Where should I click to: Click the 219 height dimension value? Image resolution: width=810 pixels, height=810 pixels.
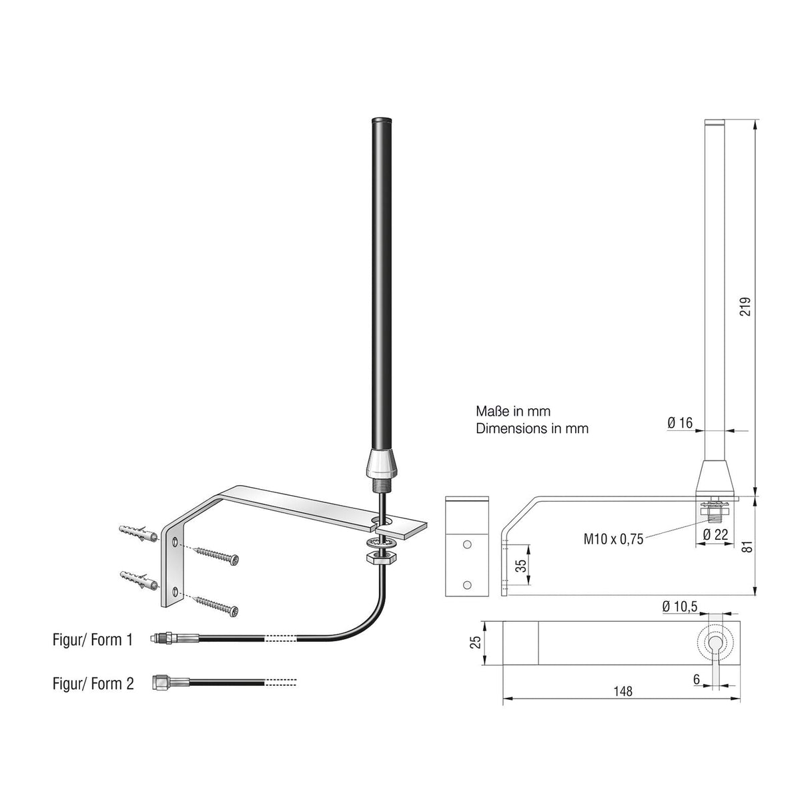tap(746, 306)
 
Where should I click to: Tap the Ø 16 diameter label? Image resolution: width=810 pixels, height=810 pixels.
tap(680, 422)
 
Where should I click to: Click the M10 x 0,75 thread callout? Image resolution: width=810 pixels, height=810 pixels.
tap(613, 539)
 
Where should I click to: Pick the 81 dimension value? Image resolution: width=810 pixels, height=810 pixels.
tap(747, 545)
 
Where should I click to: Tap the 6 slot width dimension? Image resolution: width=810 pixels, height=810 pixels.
tap(696, 679)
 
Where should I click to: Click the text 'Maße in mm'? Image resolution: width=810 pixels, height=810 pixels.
tap(512, 412)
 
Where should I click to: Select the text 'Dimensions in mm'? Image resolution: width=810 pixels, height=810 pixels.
tap(532, 428)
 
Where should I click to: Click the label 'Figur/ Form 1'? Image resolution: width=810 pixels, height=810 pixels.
tap(93, 640)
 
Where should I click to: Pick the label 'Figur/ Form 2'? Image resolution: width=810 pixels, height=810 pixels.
tap(93, 683)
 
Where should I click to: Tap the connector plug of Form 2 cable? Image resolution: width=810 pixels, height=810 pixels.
tap(161, 682)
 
